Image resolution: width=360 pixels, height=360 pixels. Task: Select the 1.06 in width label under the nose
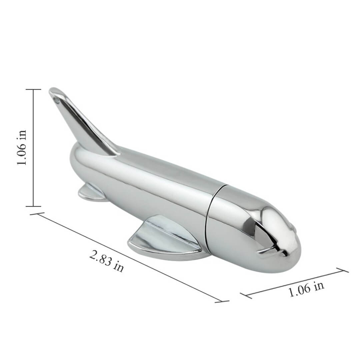pos(306,289)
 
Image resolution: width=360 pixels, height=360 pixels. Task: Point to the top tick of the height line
pos(33,89)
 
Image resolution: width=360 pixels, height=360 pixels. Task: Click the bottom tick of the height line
pos(33,206)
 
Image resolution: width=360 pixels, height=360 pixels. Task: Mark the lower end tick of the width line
pos(246,295)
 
